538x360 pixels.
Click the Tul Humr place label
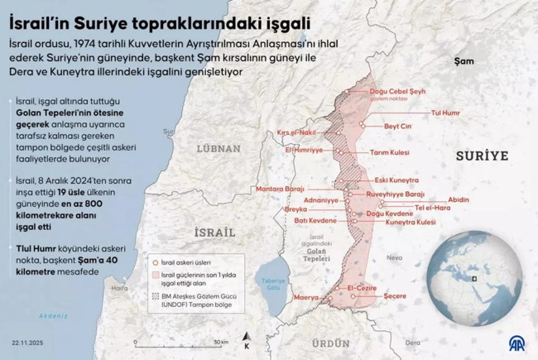tap(447, 111)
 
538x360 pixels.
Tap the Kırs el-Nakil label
tap(298, 132)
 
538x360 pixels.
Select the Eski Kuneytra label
tap(396, 180)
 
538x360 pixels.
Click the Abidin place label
tap(458, 199)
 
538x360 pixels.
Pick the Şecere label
tap(399, 296)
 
